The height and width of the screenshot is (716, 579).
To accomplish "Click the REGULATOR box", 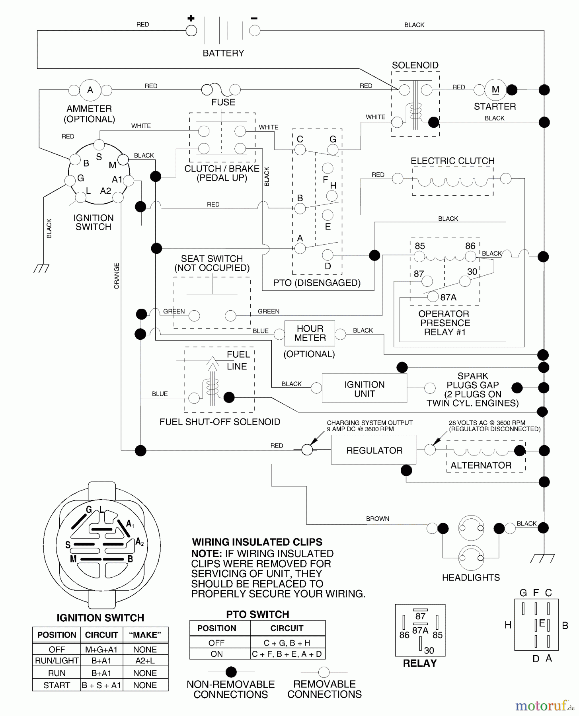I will point(374,450).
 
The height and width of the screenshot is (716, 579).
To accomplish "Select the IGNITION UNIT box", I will point(364,389).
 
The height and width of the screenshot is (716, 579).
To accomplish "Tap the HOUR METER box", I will point(310,333).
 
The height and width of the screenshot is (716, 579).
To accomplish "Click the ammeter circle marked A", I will point(90,90).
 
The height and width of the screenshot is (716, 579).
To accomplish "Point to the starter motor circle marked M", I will point(495,89).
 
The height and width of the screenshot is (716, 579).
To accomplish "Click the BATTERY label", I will point(223,53).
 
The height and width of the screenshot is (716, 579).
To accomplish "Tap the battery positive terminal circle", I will point(191,31).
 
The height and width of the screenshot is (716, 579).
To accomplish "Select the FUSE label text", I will point(223,102).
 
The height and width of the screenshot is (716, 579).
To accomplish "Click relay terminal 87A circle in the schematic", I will point(433,297).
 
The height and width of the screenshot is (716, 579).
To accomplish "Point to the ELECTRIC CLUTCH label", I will point(452,161).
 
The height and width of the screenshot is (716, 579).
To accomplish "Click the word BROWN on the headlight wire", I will point(378,519).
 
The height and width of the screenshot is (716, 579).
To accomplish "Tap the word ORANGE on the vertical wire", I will point(117,276).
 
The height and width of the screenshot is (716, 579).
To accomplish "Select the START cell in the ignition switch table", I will point(57,685).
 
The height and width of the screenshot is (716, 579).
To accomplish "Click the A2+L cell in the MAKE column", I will point(145,660).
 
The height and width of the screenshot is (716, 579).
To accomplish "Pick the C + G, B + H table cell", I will point(287,643).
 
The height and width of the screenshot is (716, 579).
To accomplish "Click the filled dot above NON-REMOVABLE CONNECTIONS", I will point(231,672).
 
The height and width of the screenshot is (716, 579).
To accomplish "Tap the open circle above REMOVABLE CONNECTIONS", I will point(324,672).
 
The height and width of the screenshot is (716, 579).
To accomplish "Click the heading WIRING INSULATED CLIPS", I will point(257,542).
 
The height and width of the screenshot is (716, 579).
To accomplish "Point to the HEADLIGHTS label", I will point(471,577).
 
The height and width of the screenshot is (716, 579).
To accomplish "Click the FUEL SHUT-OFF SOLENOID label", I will point(220,422).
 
